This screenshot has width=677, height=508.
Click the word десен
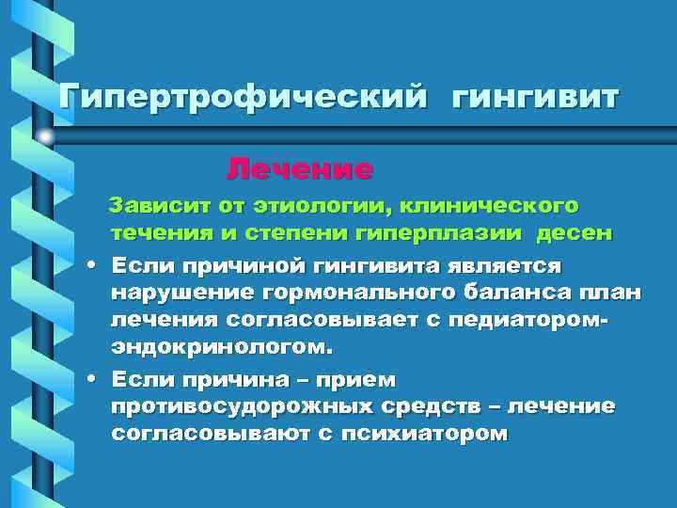tap(575, 231)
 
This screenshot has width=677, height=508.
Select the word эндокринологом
tap(221, 347)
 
